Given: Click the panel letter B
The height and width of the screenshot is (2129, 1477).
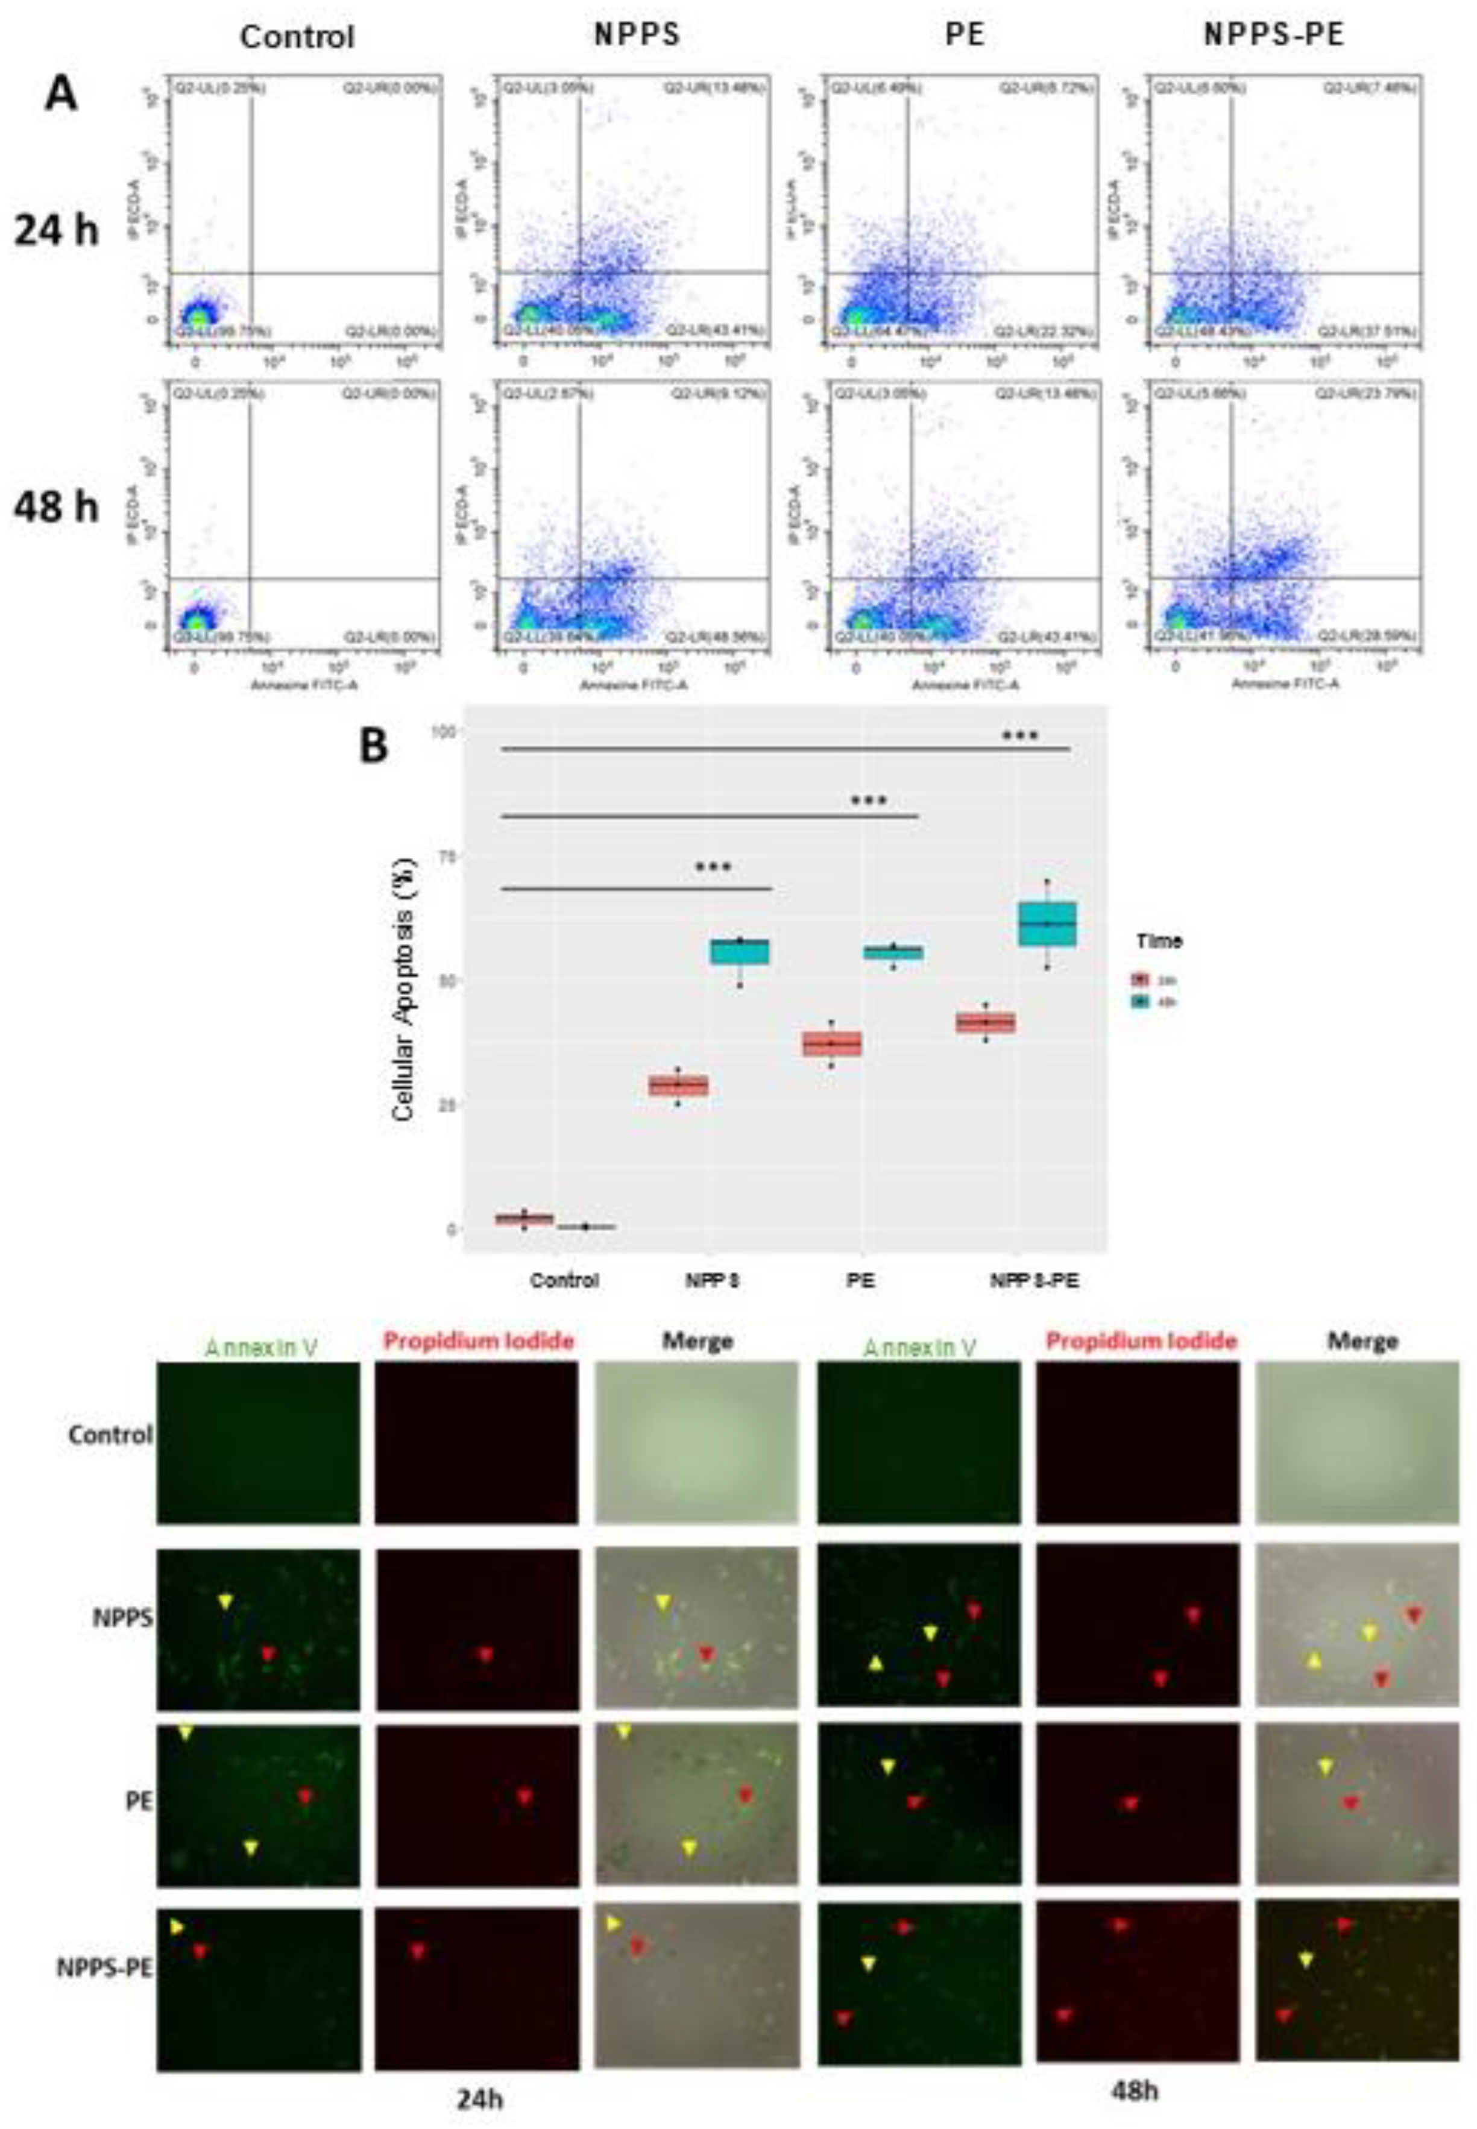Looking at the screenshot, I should point(374,746).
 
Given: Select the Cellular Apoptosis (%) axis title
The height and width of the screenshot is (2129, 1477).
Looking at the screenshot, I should point(405,990).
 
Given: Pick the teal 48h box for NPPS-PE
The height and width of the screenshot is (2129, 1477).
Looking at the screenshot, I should point(1047,923).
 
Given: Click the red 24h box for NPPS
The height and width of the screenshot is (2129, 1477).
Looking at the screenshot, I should point(678,1086).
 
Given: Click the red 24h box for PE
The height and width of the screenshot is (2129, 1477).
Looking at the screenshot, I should point(832,1043).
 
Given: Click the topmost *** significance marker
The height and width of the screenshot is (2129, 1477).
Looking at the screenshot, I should point(1021,737).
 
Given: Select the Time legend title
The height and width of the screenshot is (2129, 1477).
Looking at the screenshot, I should point(1159,941).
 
